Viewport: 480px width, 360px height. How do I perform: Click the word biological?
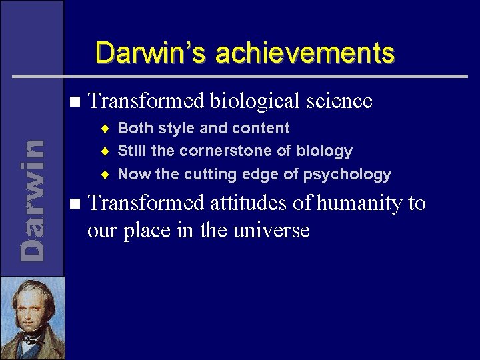click(x=257, y=101)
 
